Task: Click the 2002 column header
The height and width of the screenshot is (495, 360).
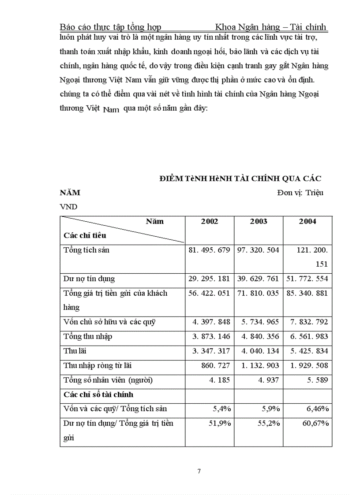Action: (210, 221)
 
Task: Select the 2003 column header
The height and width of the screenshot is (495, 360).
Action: (259, 221)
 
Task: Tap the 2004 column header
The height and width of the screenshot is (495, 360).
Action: (307, 221)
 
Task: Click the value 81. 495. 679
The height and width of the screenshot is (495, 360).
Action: (210, 250)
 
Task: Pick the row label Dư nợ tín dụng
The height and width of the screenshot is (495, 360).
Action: (90, 279)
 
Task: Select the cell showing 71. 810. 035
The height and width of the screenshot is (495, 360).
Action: (259, 293)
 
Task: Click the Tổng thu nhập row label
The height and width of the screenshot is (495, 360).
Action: (88, 337)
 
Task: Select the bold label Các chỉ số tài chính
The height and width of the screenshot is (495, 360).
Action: (99, 395)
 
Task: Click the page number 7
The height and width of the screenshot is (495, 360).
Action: (199, 471)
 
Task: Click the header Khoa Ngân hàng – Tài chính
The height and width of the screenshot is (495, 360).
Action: (270, 27)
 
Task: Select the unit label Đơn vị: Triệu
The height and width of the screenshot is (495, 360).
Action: (300, 193)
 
